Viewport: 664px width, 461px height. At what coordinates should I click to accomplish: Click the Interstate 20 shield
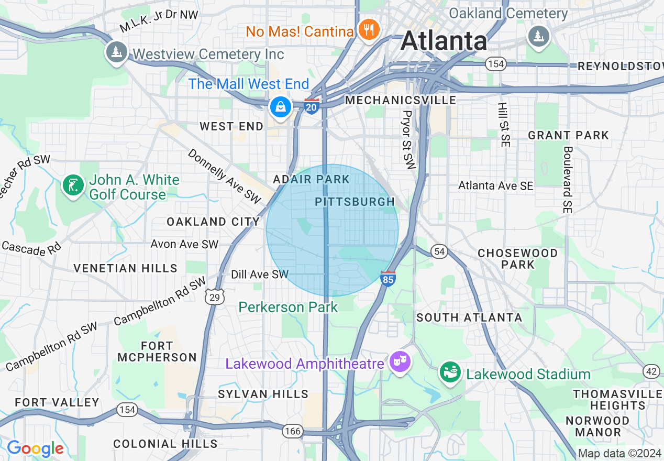[x=312, y=106]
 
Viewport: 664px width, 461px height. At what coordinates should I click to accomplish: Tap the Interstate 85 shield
[x=388, y=278]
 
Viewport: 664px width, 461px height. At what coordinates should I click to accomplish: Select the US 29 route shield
[x=215, y=296]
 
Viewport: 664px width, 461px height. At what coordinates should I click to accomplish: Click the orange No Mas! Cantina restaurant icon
[x=369, y=30]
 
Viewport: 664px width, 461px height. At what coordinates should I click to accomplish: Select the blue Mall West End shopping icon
[x=281, y=107]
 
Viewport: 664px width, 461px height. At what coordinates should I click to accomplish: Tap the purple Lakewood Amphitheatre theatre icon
[x=400, y=363]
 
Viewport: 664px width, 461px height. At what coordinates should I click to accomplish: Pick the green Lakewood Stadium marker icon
[x=450, y=372]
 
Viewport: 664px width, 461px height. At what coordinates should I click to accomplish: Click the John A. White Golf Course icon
[x=73, y=185]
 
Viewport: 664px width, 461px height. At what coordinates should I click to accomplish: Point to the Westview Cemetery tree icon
[x=116, y=52]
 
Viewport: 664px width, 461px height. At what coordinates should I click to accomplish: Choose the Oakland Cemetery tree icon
[x=538, y=36]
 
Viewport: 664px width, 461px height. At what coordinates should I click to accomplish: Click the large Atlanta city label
[x=444, y=41]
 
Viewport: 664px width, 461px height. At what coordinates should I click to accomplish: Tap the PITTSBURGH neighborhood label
[x=355, y=202]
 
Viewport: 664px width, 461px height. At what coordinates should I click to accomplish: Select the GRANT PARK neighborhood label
[x=568, y=135]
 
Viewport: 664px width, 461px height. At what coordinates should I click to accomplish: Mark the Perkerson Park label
[x=289, y=307]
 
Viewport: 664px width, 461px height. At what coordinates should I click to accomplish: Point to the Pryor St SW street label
[x=408, y=139]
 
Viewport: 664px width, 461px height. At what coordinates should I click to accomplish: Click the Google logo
[x=35, y=448]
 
